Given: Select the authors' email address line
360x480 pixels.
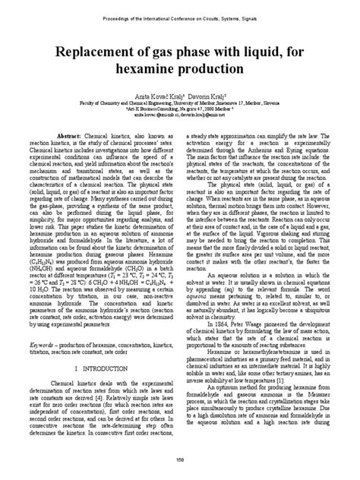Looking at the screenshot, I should click(179, 114).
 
